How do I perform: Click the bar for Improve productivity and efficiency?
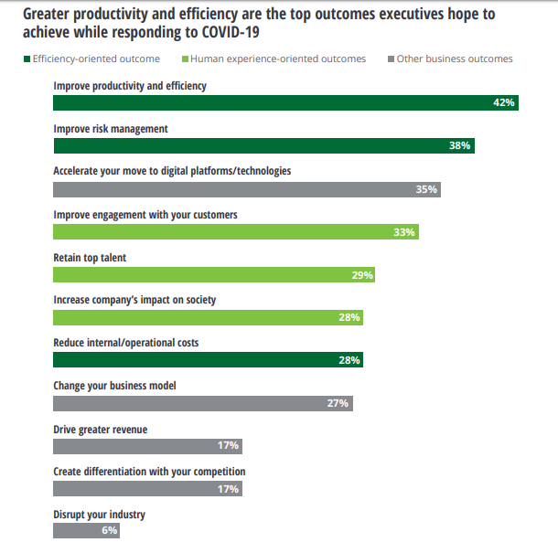pyautogui.click(x=274, y=103)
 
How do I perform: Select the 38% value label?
pyautogui.click(x=459, y=146)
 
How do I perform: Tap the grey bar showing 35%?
pyautogui.click(x=247, y=189)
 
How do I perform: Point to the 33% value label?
pyautogui.click(x=404, y=232)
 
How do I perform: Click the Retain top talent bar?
pyautogui.click(x=214, y=275)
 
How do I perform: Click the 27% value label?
pyautogui.click(x=338, y=403)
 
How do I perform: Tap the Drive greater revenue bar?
pyautogui.click(x=147, y=446)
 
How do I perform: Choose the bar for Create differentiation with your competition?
pyautogui.click(x=147, y=489)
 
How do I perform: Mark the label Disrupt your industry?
pyautogui.click(x=99, y=515)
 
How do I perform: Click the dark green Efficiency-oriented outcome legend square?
pyautogui.click(x=27, y=59)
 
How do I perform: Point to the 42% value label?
pyautogui.click(x=504, y=103)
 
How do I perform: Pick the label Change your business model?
pyautogui.click(x=114, y=386)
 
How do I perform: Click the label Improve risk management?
pyautogui.click(x=111, y=129)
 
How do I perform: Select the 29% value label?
pyautogui.click(x=362, y=275)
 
